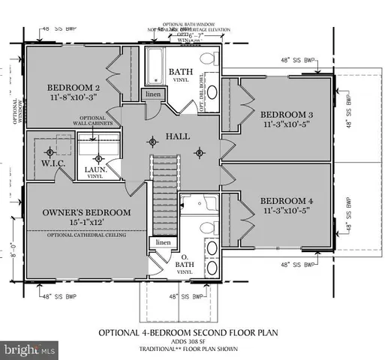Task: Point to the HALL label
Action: (x=178, y=137)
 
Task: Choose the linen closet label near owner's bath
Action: (x=162, y=243)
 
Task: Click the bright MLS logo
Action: (x=29, y=349)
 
